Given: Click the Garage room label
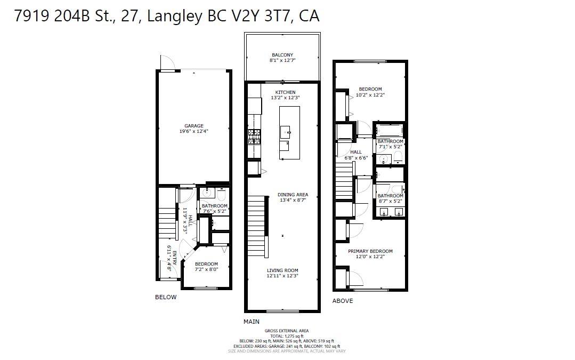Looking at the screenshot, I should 194,126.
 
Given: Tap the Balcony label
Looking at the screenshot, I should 282,55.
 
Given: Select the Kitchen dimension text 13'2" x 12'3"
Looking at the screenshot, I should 285,98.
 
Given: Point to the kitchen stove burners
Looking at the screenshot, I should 254,138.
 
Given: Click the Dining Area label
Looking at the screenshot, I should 293,195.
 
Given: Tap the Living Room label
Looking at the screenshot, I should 282,270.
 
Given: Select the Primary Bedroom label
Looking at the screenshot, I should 370,251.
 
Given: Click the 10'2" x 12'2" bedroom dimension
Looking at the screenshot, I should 370,95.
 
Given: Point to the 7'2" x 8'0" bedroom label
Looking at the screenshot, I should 206,269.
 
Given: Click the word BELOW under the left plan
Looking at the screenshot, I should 165,297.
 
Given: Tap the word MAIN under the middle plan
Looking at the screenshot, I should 251,322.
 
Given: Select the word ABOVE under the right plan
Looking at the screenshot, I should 343,301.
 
